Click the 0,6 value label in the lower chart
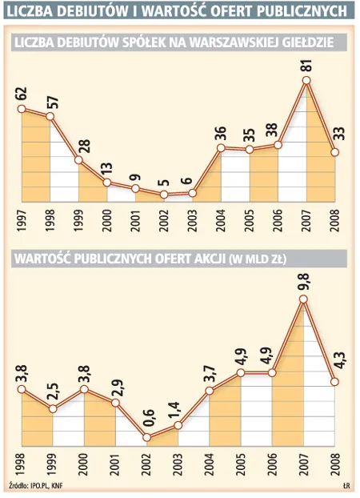pyautogui.click(x=147, y=420)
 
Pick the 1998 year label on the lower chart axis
pyautogui.click(x=21, y=468)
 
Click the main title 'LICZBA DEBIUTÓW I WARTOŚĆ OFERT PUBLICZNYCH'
pyautogui.click(x=179, y=10)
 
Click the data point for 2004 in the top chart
pyautogui.click(x=221, y=148)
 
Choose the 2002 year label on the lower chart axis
pyautogui.click(x=147, y=468)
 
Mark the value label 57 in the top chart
pyautogui.click(x=50, y=99)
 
